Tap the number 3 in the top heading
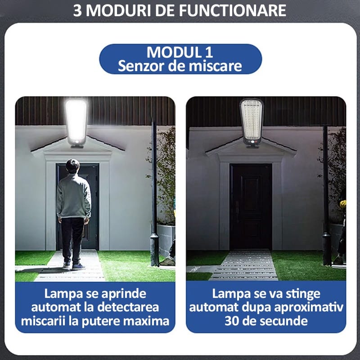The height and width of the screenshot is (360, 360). point(77,10)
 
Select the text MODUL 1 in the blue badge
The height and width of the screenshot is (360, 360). point(180,52)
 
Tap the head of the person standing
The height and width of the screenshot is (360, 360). point(73,166)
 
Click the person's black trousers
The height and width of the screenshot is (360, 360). point(72,239)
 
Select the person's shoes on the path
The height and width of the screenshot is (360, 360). point(74,266)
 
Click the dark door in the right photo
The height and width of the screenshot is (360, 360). point(251,207)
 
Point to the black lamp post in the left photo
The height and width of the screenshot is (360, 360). point(154,193)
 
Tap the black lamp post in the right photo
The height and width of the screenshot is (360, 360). point(326,195)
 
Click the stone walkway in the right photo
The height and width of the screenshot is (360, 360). point(245,265)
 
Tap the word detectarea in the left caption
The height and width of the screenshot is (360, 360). point(128,307)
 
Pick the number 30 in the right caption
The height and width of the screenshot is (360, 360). point(232,321)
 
